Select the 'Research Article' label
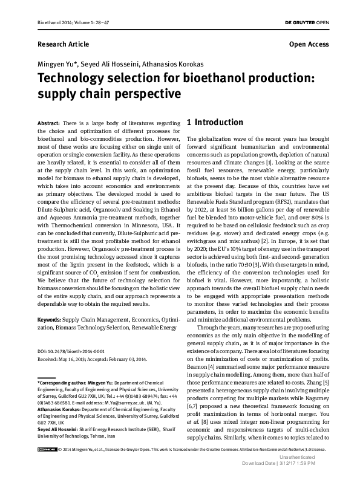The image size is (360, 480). pyautogui.click(x=63, y=44)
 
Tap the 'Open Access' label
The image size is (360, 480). pyautogui.click(x=309, y=44)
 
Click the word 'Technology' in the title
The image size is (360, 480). pyautogui.click(x=73, y=79)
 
